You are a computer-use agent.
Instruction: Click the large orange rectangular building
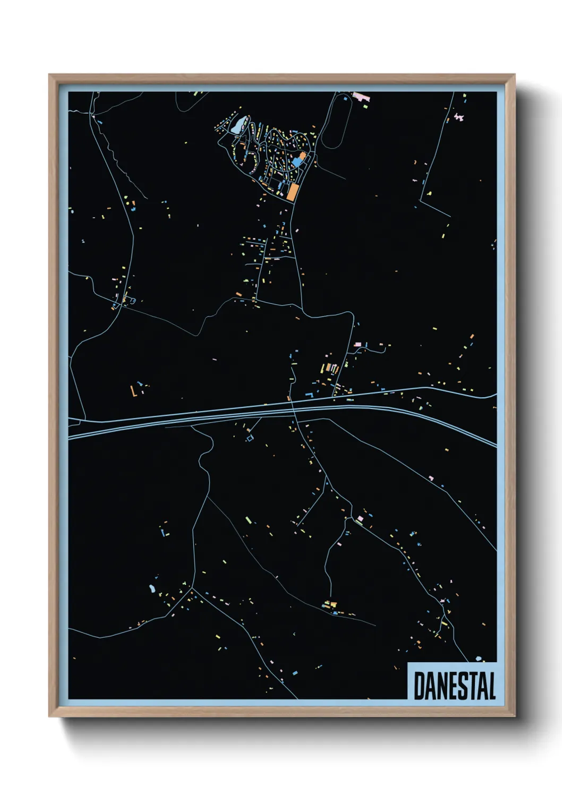pos(291,191)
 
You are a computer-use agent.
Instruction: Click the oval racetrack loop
pos(336,123)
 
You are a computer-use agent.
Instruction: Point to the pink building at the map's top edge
pos(362,96)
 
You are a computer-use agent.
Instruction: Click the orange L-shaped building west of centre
pos(133,392)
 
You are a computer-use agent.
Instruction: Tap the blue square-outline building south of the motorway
pos(250,438)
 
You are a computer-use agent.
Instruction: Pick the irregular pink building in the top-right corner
pos(458,116)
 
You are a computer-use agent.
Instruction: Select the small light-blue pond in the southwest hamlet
pos(152,588)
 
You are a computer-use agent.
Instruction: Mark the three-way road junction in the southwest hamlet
pos(192,588)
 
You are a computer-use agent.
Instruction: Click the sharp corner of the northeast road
pos(421,200)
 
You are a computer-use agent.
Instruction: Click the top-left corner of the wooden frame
pos(49,75)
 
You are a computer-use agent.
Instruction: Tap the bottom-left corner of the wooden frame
pos(49,716)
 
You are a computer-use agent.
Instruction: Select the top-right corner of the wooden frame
pos(514,75)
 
